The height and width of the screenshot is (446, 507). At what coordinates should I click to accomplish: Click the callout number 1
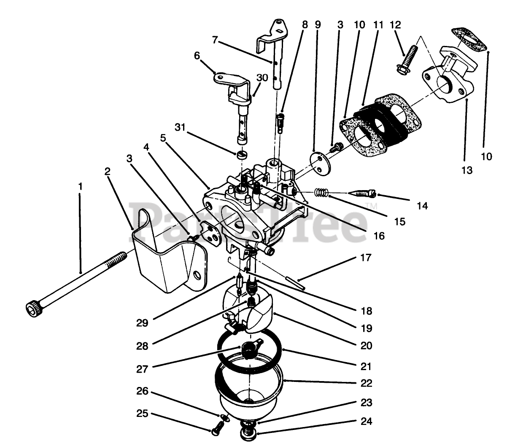point(80,185)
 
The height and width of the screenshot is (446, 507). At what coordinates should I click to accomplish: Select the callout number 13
point(467,170)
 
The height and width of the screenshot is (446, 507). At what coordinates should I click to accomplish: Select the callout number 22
point(367,383)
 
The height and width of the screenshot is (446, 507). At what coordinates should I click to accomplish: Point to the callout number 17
point(366,257)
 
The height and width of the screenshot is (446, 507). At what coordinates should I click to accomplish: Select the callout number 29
point(142,323)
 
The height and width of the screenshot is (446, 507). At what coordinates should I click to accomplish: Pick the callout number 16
point(379,236)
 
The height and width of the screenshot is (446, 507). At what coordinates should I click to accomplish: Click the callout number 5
point(163,138)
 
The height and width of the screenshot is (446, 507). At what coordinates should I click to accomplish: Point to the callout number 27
point(142,368)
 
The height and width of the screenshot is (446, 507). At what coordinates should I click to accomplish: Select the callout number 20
point(367,345)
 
